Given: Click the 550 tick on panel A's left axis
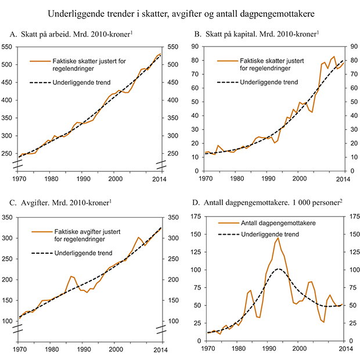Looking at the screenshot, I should pyautogui.click(x=10, y=46).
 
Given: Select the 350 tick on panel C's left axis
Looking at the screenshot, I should pyautogui.click(x=10, y=218).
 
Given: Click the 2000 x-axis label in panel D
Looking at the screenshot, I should pyautogui.click(x=298, y=350).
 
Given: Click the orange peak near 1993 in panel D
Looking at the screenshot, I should pyautogui.click(x=278, y=238).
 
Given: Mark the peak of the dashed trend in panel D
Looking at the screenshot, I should pyautogui.click(x=279, y=269).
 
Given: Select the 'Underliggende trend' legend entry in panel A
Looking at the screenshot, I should pyautogui.click(x=84, y=83).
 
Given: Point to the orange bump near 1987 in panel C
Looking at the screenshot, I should pyautogui.click(x=71, y=276).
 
